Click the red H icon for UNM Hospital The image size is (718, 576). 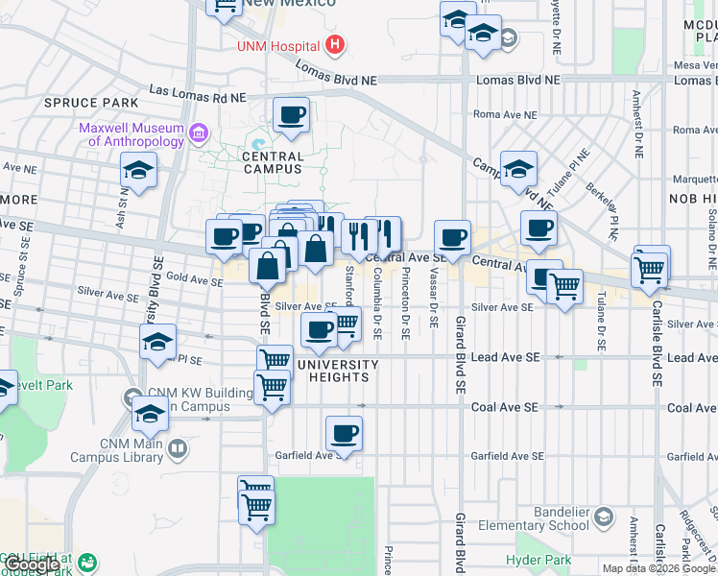(x=335, y=44)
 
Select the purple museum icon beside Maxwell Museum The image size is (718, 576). (x=199, y=131)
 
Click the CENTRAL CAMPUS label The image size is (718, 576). (x=273, y=162)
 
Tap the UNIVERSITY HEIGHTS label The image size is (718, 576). (x=339, y=371)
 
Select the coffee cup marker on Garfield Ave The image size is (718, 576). (x=344, y=434)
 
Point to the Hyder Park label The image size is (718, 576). (x=538, y=560)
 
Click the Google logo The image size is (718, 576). (x=33, y=564)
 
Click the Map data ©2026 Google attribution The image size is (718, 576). (x=658, y=568)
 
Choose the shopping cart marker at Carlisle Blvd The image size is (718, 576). (x=651, y=268)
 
